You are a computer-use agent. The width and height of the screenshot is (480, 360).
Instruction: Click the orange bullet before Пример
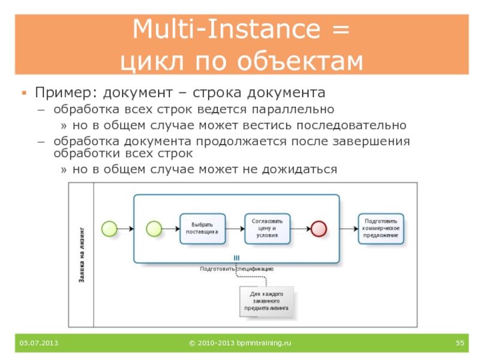[x=25, y=94]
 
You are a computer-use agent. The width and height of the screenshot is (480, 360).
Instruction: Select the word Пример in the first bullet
[x=65, y=94]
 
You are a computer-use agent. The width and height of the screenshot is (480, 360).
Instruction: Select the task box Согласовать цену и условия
[x=267, y=228]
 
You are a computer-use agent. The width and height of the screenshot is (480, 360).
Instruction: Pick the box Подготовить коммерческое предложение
[x=380, y=228]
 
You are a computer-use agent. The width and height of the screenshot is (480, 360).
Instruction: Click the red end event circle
[x=318, y=228]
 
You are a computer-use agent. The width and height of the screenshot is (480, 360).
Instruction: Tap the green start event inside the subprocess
[x=154, y=228]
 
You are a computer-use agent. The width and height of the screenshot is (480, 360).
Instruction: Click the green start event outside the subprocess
[x=109, y=228]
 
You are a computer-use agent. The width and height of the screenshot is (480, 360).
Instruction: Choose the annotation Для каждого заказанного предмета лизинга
[x=266, y=300]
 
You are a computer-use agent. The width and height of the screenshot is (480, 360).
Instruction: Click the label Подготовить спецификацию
[x=236, y=269]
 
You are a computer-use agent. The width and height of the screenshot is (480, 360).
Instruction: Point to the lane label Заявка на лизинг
[x=82, y=255]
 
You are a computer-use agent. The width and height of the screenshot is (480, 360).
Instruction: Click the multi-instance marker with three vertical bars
[x=236, y=258]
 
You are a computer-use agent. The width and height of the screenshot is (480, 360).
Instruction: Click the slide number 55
[x=460, y=343]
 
